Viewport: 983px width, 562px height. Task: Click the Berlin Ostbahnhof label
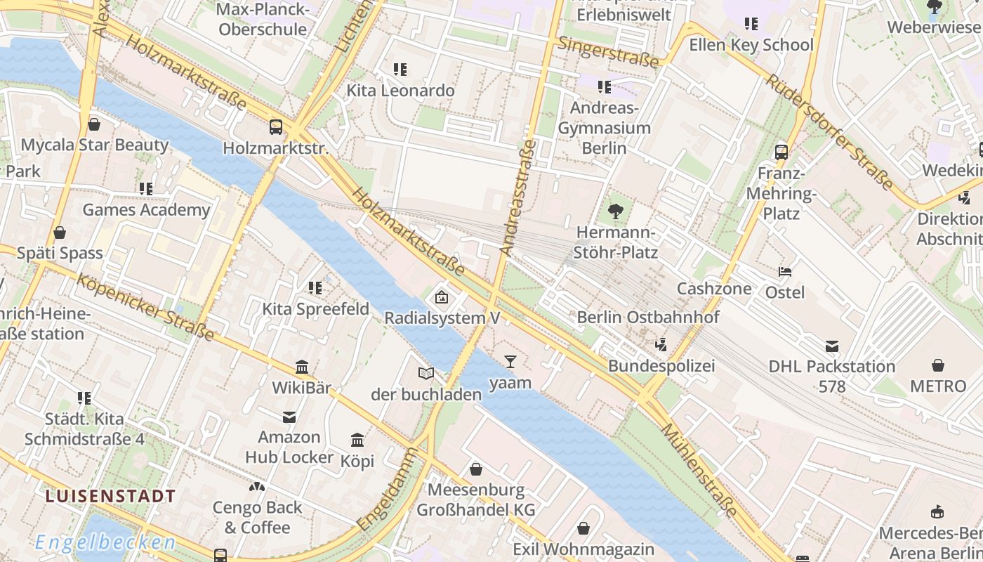[x=647, y=318]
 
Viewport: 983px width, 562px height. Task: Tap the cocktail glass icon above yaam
[x=510, y=362]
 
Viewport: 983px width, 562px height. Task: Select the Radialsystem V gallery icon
[x=442, y=297]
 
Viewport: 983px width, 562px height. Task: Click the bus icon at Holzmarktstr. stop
[x=276, y=127]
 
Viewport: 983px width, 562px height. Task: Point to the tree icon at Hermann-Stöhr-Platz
[x=616, y=211]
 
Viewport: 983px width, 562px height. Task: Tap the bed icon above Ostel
[x=785, y=272]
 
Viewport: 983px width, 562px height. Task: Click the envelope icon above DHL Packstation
[x=832, y=346]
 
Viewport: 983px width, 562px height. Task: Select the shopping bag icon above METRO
[x=938, y=365]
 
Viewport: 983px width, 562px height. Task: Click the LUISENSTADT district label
[x=110, y=496]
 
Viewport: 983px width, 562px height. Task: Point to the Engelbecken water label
[x=105, y=542]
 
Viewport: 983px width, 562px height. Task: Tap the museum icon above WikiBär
[x=302, y=367]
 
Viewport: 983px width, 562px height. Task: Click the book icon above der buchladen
[x=426, y=373]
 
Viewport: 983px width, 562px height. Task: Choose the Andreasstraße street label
[x=517, y=197]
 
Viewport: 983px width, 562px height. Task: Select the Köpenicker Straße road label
[x=145, y=308]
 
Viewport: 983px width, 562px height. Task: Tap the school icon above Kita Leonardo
[x=400, y=70]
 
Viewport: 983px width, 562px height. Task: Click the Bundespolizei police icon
[x=660, y=344]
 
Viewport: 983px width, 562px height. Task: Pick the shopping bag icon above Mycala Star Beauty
[x=94, y=124]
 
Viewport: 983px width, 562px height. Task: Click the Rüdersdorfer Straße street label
[x=829, y=133]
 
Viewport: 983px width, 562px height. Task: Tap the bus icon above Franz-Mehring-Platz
[x=781, y=152]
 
